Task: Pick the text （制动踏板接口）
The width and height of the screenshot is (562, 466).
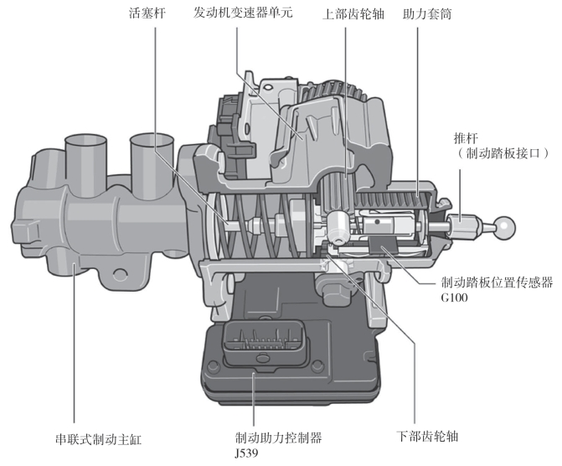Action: tap(502, 153)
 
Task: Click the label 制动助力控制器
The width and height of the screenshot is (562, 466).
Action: tap(278, 438)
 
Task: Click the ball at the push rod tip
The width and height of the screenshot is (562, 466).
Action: tap(505, 224)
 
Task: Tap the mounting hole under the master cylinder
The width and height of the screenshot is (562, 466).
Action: tap(118, 272)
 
